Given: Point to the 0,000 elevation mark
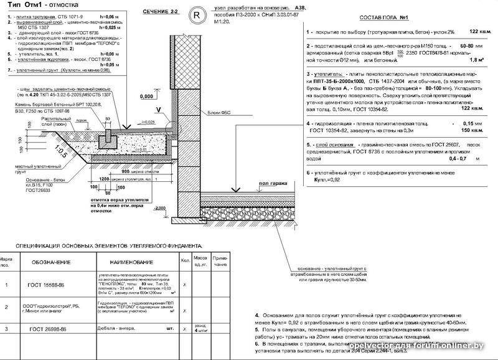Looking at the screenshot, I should (x=146, y=97).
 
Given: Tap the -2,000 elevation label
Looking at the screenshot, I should (x=161, y=208).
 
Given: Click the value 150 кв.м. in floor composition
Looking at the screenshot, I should (x=474, y=131).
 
